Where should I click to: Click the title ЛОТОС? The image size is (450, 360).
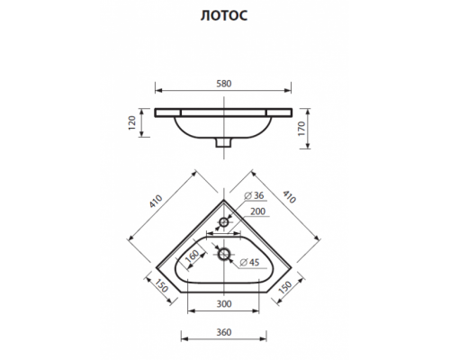[225, 15]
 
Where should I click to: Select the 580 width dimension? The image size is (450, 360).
[224, 83]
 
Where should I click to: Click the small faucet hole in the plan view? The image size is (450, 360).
[225, 220]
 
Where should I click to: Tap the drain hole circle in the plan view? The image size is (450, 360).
[225, 255]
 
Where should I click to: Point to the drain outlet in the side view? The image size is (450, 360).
[225, 142]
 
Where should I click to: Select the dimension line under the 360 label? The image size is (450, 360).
[225, 340]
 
